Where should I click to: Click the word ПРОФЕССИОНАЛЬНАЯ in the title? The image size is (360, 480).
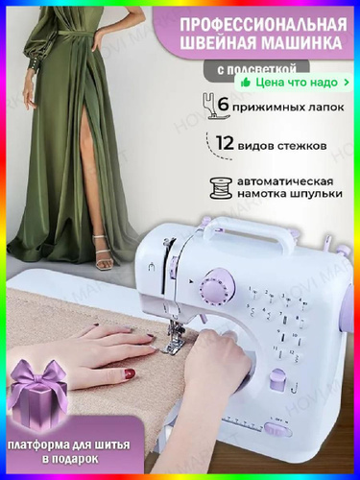[x=263, y=25]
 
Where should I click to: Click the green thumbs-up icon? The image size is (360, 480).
[x=246, y=83]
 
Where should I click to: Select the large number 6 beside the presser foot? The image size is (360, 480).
[x=224, y=104]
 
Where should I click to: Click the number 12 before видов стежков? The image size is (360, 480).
[x=225, y=143]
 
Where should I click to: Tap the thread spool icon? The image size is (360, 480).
[x=221, y=188]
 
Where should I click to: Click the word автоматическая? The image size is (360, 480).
[x=285, y=181]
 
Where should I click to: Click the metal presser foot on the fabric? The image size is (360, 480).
[x=175, y=340]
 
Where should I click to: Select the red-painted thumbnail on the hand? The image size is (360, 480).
[x=130, y=373]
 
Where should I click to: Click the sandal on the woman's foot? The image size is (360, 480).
[x=104, y=254]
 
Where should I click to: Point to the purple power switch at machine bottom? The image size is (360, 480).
[x=276, y=430]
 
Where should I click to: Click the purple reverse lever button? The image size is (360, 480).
[x=277, y=380]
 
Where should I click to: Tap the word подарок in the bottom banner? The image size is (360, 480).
[x=71, y=459]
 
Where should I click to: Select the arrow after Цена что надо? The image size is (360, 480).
[x=347, y=83]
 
